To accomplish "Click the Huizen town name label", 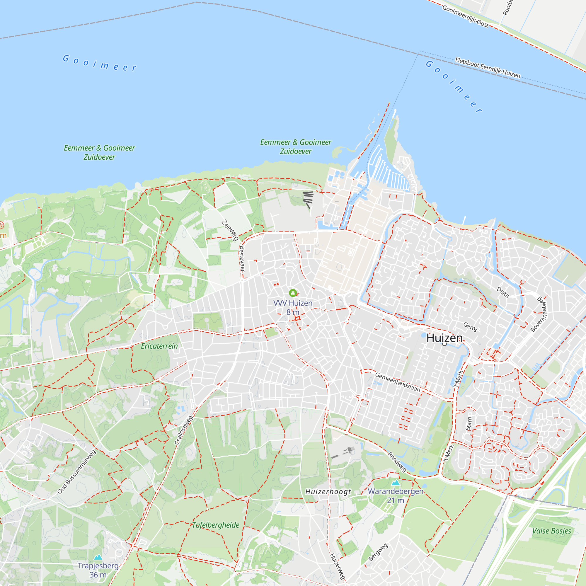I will (x=444, y=338).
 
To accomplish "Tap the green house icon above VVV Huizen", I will (x=293, y=293).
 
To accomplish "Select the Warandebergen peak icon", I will (x=396, y=483).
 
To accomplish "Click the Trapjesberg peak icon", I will (x=98, y=557).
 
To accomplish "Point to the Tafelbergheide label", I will (x=216, y=525).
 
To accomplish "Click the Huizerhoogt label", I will (x=328, y=492).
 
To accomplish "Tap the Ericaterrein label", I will (x=159, y=346).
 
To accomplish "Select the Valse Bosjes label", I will (x=551, y=531).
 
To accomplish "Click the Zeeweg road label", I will (x=230, y=231).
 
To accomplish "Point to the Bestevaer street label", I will (x=242, y=259).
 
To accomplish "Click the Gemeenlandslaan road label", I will (x=398, y=382).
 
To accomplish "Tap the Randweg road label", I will (x=397, y=462).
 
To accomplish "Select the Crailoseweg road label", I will (x=184, y=430).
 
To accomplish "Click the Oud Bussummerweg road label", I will (x=76, y=472).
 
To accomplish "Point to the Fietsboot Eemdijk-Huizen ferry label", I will (x=488, y=68).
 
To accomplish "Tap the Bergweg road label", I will (x=378, y=552).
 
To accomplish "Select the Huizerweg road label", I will (x=337, y=566).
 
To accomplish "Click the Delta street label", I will (x=502, y=292).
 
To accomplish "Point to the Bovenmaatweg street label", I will (x=539, y=314).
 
